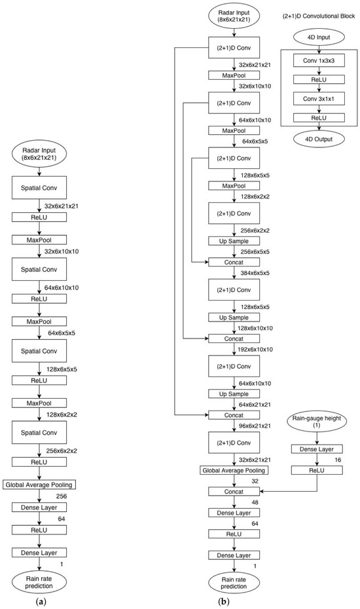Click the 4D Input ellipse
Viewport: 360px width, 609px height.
(319, 38)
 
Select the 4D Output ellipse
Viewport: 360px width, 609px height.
(319, 139)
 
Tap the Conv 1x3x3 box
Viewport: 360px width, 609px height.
(319, 61)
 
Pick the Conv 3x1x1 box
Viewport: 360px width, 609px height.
(319, 99)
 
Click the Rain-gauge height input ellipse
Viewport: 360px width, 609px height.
(317, 421)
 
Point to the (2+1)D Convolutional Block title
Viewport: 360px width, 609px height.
(319, 16)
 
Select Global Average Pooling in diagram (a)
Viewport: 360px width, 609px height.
(39, 485)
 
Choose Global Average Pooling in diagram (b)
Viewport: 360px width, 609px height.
(234, 470)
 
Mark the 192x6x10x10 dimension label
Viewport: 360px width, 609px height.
(255, 350)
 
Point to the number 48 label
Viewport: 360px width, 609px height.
(255, 502)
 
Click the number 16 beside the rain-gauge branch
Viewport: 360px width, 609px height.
(338, 460)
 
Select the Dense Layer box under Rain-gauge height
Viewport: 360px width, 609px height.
(317, 449)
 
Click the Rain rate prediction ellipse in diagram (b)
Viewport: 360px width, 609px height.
(234, 583)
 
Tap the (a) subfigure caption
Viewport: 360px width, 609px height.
(41, 602)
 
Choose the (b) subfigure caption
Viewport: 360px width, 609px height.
(224, 602)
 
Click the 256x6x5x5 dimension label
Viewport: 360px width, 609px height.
(255, 251)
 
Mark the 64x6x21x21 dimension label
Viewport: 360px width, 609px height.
(255, 404)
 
